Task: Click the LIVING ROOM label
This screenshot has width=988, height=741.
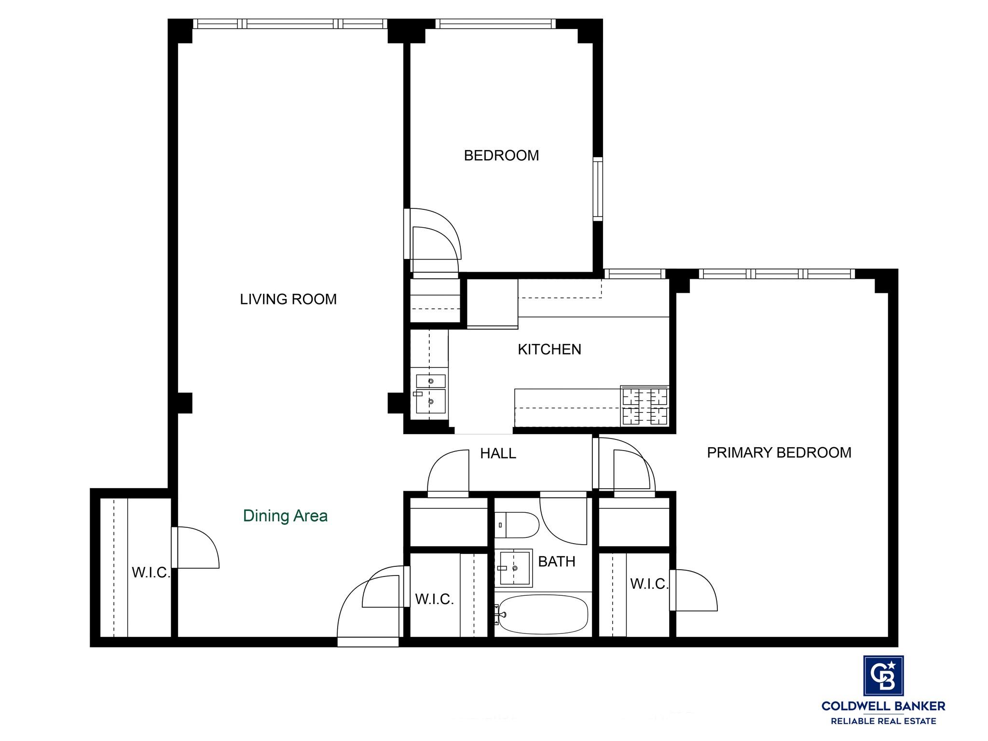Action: pyautogui.click(x=288, y=299)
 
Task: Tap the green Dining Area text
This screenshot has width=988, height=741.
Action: pyautogui.click(x=285, y=516)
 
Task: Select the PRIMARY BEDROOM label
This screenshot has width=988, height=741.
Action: pyautogui.click(x=779, y=453)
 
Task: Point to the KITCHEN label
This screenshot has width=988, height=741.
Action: pyautogui.click(x=549, y=349)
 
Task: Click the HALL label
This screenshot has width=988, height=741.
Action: pyautogui.click(x=498, y=453)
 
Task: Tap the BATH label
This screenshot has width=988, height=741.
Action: pyautogui.click(x=557, y=562)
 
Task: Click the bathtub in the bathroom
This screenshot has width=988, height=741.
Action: pyautogui.click(x=542, y=615)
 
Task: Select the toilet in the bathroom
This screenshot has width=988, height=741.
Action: pyautogui.click(x=516, y=525)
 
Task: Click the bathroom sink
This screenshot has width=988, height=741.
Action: pyautogui.click(x=513, y=568)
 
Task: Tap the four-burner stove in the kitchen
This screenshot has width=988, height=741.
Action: pyautogui.click(x=645, y=405)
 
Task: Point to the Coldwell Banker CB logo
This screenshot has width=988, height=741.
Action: pyautogui.click(x=883, y=676)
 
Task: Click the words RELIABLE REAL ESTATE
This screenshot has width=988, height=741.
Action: pyautogui.click(x=883, y=721)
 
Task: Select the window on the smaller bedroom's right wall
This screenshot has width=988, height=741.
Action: pyautogui.click(x=598, y=189)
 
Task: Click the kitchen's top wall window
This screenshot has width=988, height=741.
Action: pyautogui.click(x=635, y=274)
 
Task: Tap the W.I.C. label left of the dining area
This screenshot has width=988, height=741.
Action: pyautogui.click(x=151, y=573)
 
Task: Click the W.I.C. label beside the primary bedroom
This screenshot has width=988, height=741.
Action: pyautogui.click(x=649, y=584)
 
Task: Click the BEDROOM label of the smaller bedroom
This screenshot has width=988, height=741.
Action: pyautogui.click(x=501, y=155)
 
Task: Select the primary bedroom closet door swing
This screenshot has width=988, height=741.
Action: pyautogui.click(x=693, y=590)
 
